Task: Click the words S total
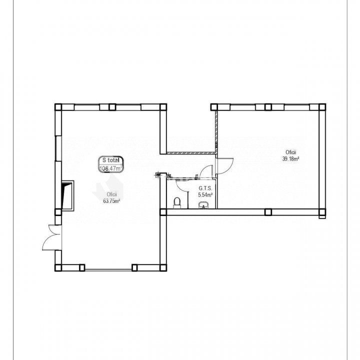point(111,160)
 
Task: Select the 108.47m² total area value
point(111,168)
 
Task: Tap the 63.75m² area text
point(112,201)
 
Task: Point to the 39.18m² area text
point(290,158)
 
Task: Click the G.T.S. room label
point(205,188)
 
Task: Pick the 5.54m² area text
point(205,195)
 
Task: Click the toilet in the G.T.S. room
point(177,202)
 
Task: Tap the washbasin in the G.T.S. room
point(203,205)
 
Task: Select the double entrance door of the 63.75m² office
point(52,237)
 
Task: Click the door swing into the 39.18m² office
point(225,166)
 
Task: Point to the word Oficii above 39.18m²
point(290,152)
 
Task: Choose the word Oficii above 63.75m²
point(112,194)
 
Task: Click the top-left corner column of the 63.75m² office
point(58,107)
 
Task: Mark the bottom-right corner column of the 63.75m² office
point(163,267)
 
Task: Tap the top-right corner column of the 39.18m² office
point(322,107)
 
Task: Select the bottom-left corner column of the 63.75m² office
point(58,267)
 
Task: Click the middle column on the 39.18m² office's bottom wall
point(268,212)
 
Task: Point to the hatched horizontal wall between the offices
point(191,153)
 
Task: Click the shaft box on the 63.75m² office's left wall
point(67,195)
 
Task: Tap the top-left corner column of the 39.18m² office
point(214,107)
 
